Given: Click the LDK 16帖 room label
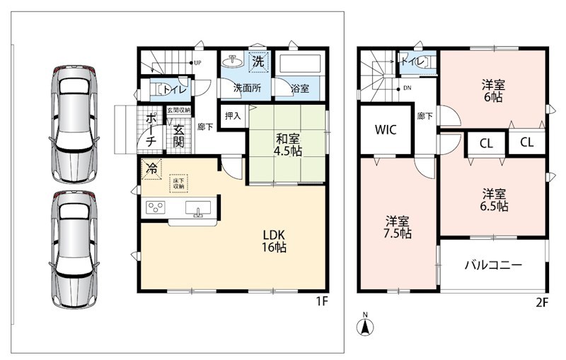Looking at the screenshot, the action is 275,241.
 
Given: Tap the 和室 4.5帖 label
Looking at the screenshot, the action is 287,145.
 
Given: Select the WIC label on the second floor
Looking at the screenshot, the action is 386,129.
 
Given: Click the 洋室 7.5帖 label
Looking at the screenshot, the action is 397,227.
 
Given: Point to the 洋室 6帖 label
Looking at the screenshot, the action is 493,91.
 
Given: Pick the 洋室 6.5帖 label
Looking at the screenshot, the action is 494,200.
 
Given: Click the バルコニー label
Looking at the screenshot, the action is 493,265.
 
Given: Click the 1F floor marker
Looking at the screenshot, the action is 323,301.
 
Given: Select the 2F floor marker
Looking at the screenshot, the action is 542,302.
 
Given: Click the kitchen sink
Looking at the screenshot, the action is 198,209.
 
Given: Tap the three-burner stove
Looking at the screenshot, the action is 156,207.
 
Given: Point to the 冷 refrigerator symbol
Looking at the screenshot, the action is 151,168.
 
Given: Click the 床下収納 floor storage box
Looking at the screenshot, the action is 179,183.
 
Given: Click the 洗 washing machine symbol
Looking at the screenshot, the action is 258,62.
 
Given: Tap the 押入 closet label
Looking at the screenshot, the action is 233,116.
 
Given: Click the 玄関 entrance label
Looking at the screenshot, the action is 179,136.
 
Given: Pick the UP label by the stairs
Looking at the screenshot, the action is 197,63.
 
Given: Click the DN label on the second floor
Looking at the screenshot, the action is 408,88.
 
